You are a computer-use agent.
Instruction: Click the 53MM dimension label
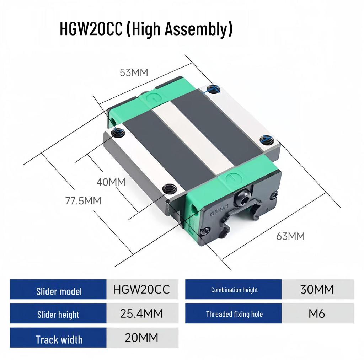(134, 73)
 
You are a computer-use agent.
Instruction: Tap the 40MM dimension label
(111, 182)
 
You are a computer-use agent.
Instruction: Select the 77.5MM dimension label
(83, 201)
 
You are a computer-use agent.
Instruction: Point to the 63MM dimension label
(290, 236)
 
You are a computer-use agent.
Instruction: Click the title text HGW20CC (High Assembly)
(146, 29)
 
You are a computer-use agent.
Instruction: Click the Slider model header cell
(59, 291)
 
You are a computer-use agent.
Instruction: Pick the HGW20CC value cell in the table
(141, 290)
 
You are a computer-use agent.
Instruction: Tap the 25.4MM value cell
(141, 313)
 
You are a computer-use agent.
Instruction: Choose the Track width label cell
(59, 339)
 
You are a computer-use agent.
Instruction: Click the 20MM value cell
(141, 338)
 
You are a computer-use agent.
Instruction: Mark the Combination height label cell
(234, 290)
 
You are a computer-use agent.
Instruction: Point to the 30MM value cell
(317, 290)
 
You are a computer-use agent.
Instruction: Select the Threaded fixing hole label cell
(234, 314)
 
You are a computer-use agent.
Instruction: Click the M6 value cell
(317, 314)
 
